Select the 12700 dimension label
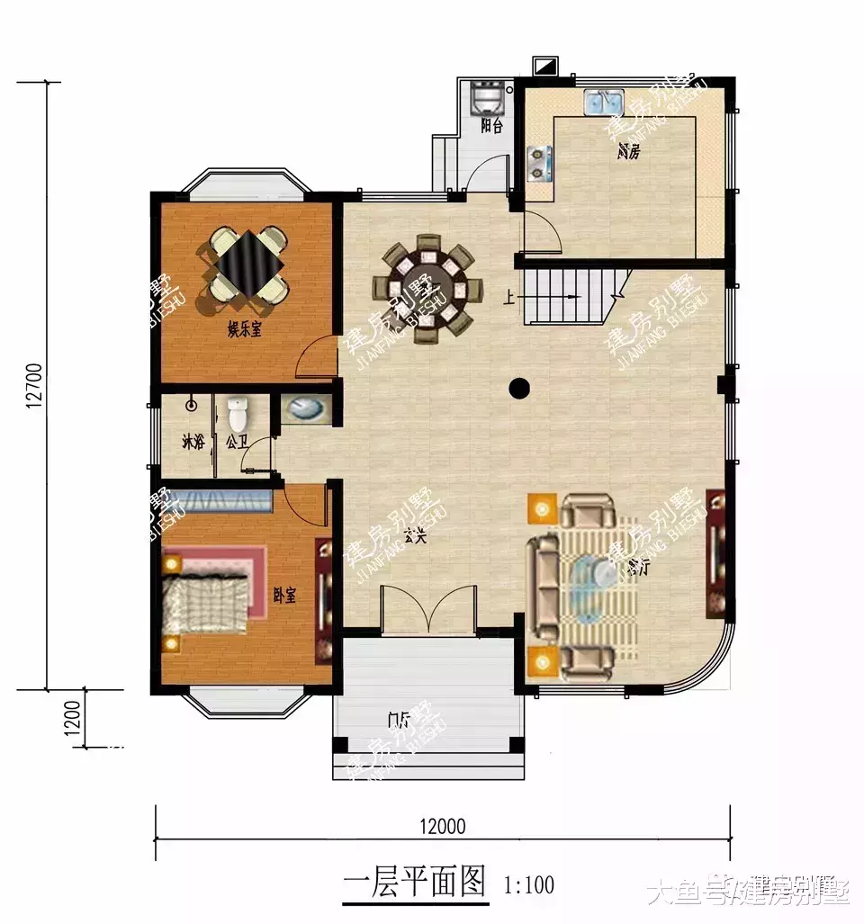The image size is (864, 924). coord(35,386)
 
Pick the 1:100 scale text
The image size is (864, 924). coord(528,884)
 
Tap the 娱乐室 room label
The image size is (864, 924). coord(243,330)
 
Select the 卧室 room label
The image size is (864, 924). coord(284,595)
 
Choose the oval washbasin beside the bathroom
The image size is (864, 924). coord(304,409)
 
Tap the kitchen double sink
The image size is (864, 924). coord(600,103)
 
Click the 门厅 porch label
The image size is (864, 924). coord(397,719)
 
